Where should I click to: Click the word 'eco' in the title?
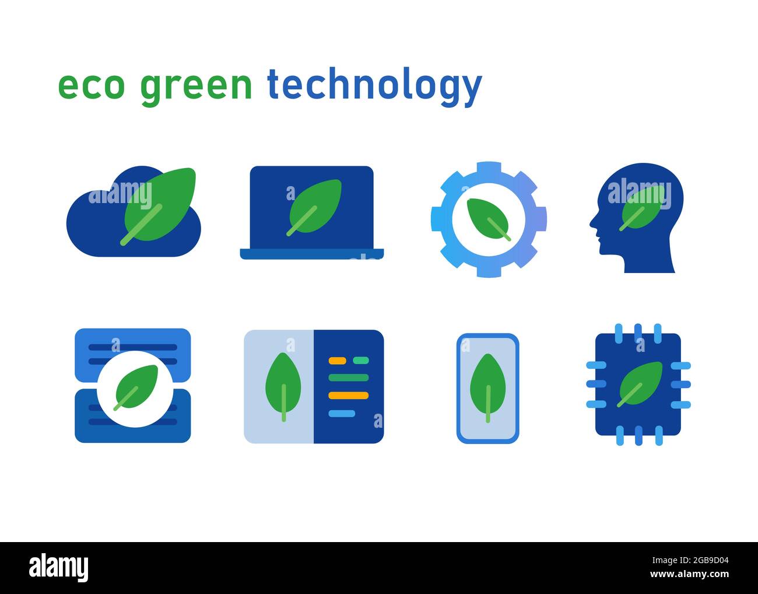click(x=92, y=86)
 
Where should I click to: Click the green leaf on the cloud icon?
click(x=159, y=206)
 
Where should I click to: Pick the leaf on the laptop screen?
click(x=314, y=208)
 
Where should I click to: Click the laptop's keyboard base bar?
click(x=312, y=254)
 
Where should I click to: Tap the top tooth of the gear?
click(x=489, y=167)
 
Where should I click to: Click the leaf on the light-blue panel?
click(x=283, y=387)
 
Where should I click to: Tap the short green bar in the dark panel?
click(x=361, y=360)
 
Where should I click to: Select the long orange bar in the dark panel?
click(x=349, y=396)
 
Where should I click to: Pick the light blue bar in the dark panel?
click(x=342, y=414)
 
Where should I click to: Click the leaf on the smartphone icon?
click(x=487, y=388)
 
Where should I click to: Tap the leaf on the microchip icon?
click(x=640, y=385)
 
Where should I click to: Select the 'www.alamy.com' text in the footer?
click(x=690, y=574)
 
